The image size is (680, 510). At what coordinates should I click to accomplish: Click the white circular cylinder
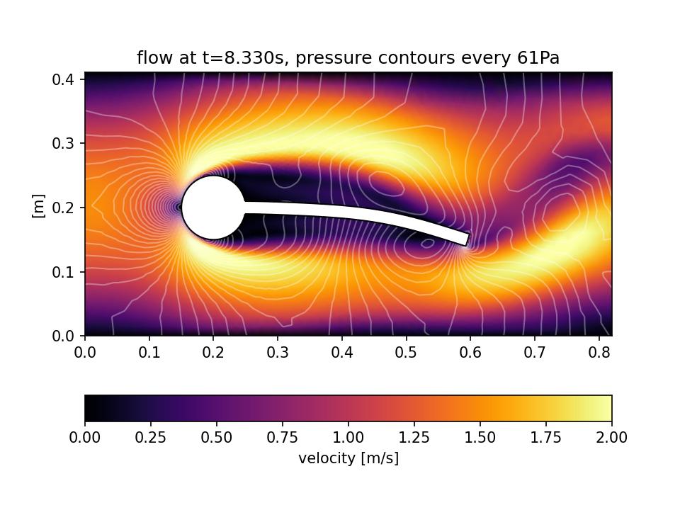pos(213,208)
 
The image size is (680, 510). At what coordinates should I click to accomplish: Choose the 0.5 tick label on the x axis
pos(407,352)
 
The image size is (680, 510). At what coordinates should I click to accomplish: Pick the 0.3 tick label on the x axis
pos(278,352)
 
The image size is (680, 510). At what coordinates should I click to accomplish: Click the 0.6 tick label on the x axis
pos(470,352)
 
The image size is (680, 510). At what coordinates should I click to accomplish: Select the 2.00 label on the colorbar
pos(611,438)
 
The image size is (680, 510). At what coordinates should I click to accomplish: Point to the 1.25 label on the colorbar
pos(414,438)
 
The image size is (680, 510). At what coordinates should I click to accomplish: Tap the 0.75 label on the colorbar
pos(282,438)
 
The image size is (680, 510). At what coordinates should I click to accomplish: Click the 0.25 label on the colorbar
pos(150,438)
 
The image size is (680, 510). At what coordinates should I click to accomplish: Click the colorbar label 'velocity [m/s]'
pos(348,458)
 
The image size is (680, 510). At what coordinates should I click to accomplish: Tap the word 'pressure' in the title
pos(327,58)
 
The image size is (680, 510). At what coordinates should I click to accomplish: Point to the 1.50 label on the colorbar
pos(480,438)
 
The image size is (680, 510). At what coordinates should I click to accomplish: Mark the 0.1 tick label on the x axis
pos(149,352)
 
